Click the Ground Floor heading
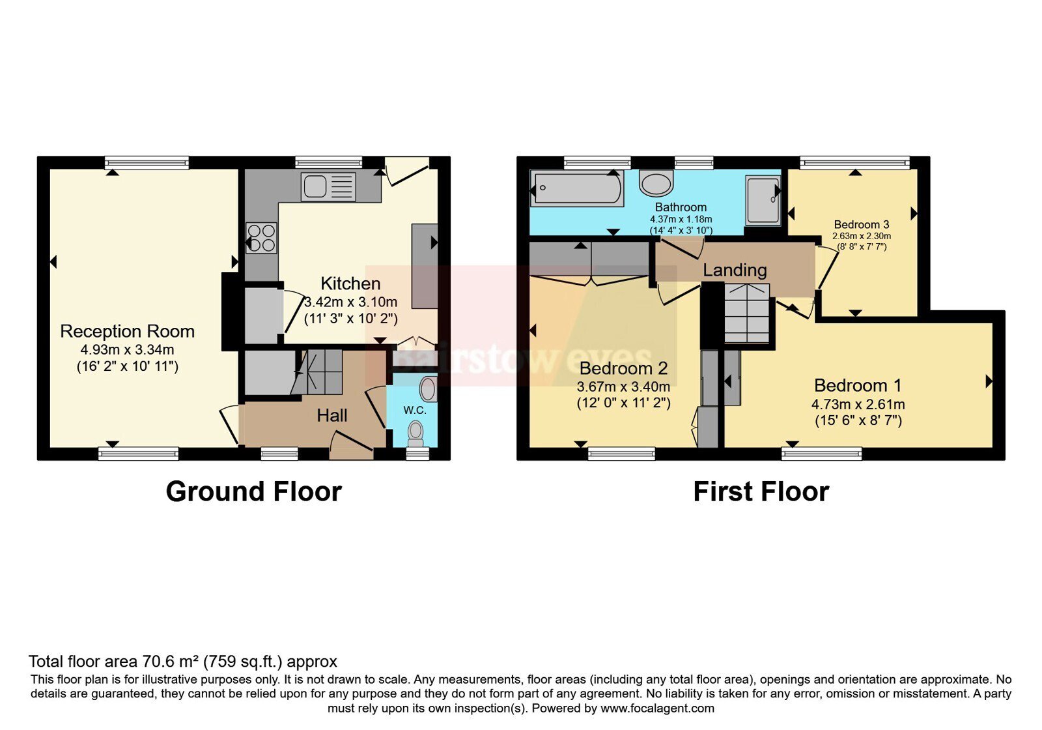(254, 491)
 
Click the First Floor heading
(761, 491)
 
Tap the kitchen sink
(328, 186)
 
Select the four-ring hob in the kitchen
(261, 238)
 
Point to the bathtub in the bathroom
(577, 188)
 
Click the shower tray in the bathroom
(763, 200)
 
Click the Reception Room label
(128, 331)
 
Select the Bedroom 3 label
(862, 224)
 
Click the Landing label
(735, 270)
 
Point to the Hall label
(331, 415)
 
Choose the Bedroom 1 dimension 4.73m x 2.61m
(858, 404)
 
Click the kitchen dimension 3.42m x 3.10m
(351, 302)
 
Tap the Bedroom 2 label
(623, 368)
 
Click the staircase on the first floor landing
(746, 314)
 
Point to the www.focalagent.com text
(657, 708)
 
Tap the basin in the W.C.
(428, 389)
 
